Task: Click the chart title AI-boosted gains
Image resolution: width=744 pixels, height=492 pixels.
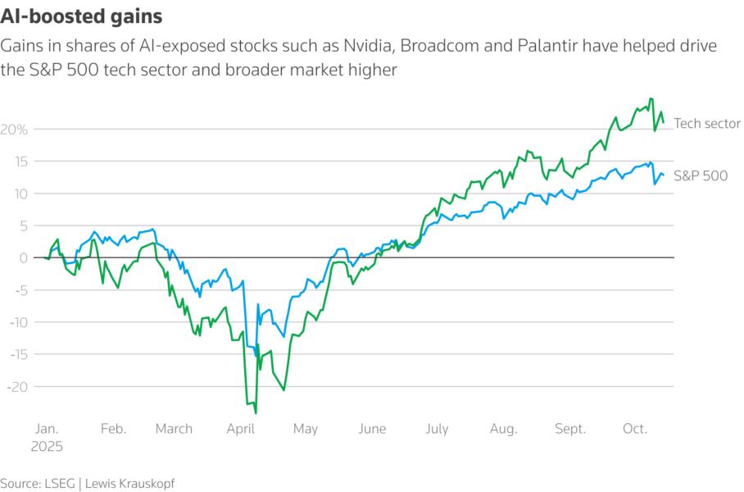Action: coord(81,16)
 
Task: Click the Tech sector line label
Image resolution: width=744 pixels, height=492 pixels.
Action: coord(707,124)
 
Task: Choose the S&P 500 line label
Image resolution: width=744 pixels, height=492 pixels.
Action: coord(701,175)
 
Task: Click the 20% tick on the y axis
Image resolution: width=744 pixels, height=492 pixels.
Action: coord(16,130)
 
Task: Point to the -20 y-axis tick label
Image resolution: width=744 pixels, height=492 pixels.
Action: coord(17,386)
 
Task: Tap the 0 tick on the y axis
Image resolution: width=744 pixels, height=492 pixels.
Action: coord(25,258)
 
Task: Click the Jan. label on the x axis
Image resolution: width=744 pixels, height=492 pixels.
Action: coord(47,429)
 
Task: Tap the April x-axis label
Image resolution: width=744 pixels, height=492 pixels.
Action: coord(241,429)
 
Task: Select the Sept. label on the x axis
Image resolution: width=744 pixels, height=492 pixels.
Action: coord(571,429)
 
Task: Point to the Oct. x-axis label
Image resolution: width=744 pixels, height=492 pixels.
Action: coord(635,429)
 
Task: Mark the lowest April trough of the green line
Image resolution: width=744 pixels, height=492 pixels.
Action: coord(256,413)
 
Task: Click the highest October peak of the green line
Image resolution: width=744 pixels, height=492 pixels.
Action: coord(651,98)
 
